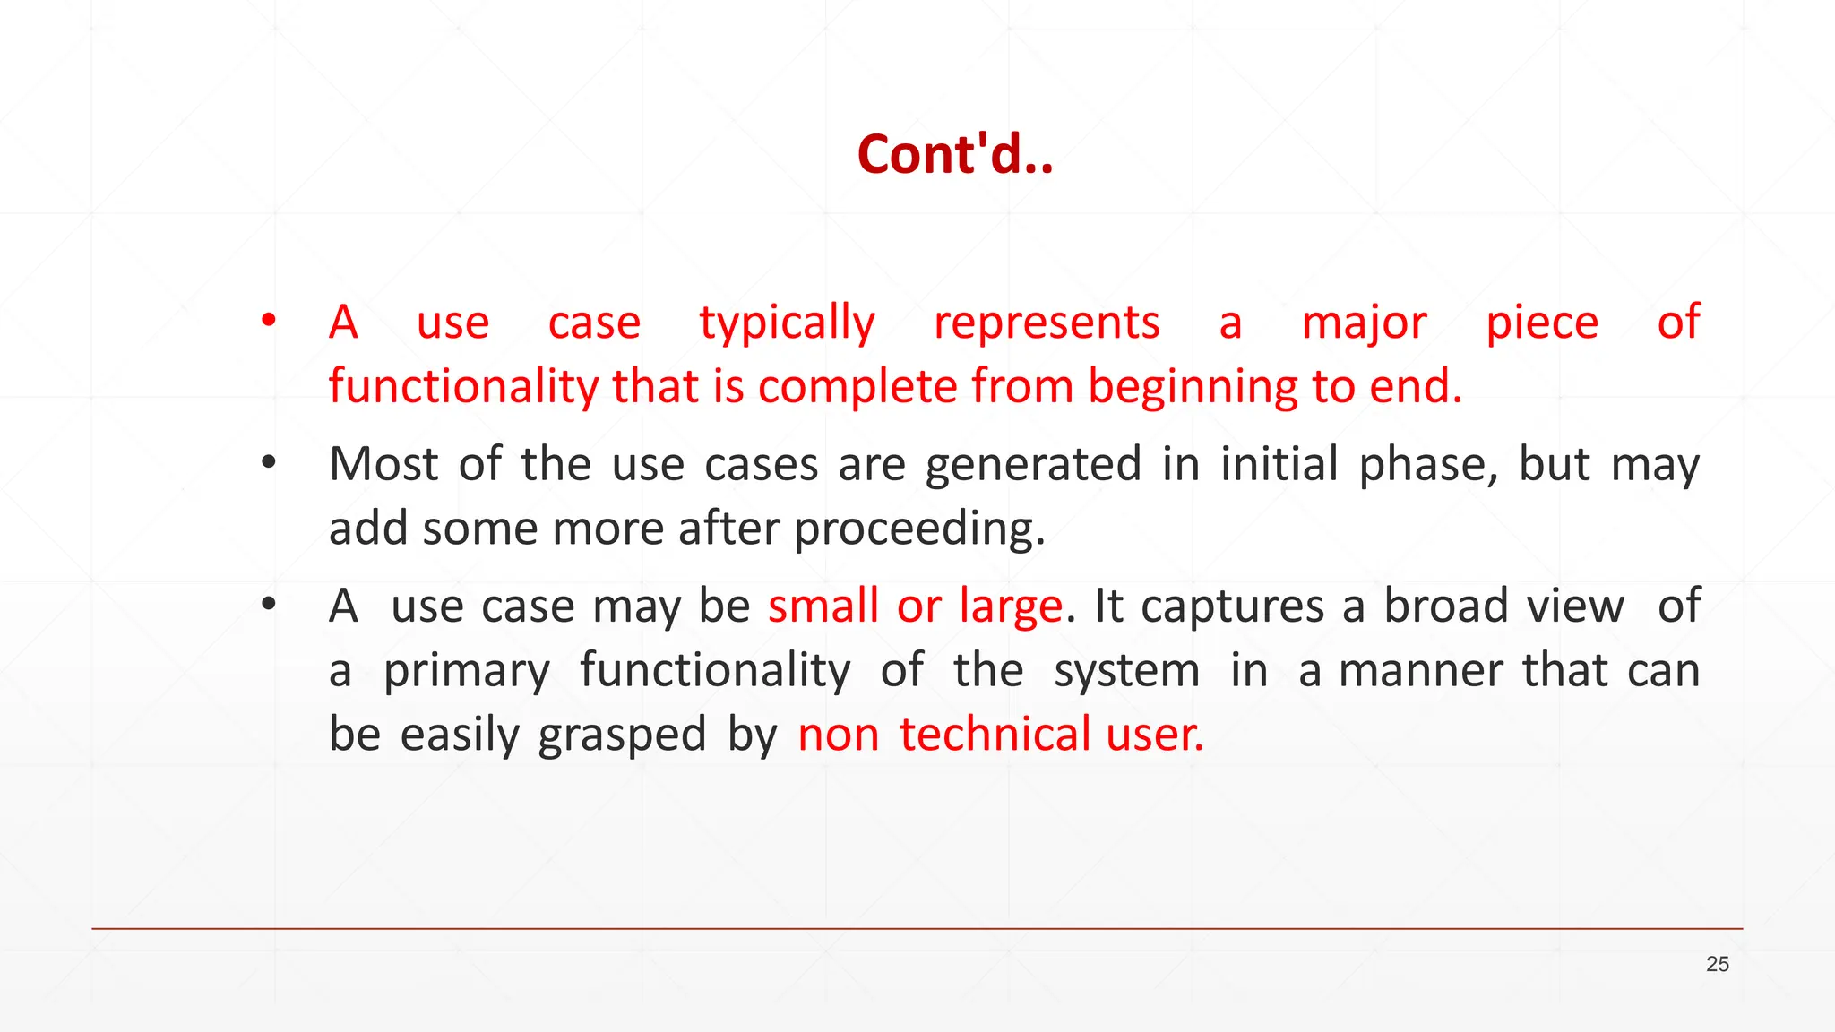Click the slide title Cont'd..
[x=954, y=154]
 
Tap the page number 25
[x=1717, y=964]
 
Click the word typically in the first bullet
[x=787, y=322]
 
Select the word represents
[x=1047, y=322]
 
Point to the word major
[x=1364, y=322]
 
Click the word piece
[x=1541, y=322]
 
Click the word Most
[x=383, y=464]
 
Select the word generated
[x=1033, y=466]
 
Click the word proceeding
[x=919, y=529]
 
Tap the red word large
[x=1011, y=607]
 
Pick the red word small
[x=823, y=606]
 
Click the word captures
[x=1232, y=607]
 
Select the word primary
[x=467, y=672]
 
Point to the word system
[x=1126, y=672]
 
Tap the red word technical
[x=993, y=735]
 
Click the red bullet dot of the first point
[x=268, y=320]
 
